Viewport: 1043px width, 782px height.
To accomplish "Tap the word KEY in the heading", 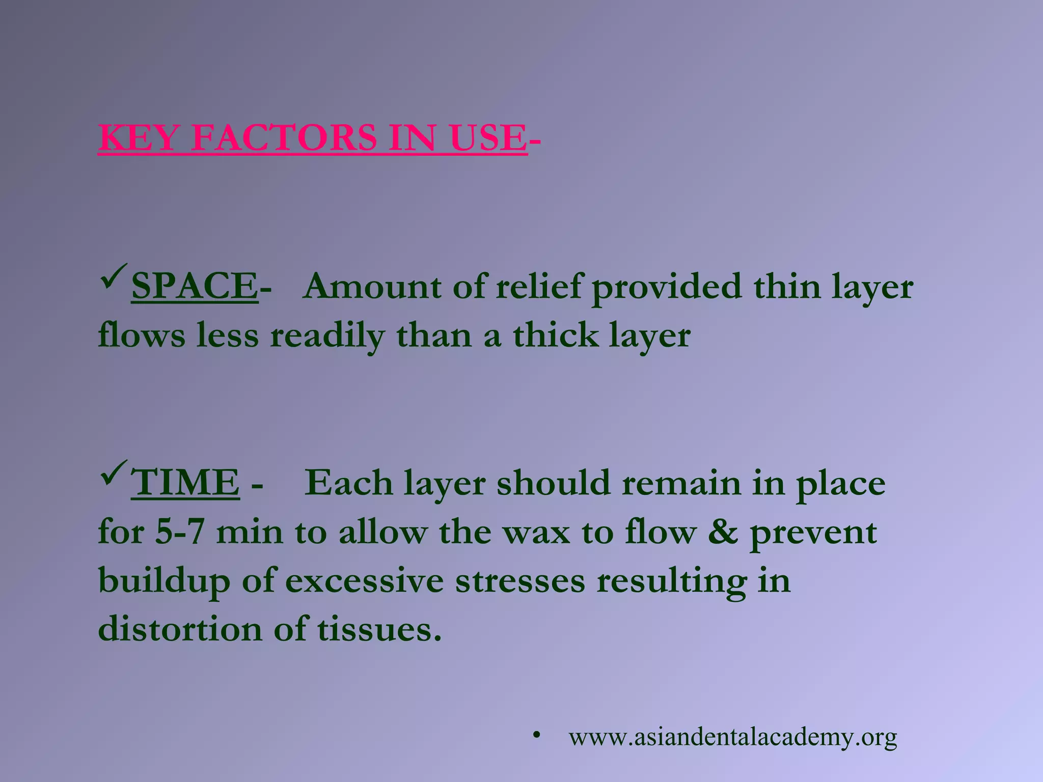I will pyautogui.click(x=138, y=138).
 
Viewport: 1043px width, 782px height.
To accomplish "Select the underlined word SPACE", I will pyautogui.click(x=194, y=287).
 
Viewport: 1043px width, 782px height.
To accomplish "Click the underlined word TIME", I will pyautogui.click(x=185, y=483).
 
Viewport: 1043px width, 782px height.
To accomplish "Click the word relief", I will pyautogui.click(x=537, y=287).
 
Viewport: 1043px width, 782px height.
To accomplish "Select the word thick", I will pyautogui.click(x=556, y=336).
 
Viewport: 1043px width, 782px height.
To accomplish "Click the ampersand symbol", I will pyautogui.click(x=723, y=533).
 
